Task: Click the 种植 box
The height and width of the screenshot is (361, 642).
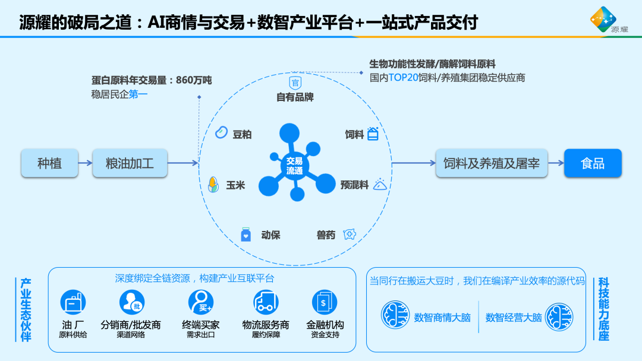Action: coord(49,163)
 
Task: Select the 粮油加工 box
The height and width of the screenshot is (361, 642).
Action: coord(130,163)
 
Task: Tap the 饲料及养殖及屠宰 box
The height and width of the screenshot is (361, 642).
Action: coord(492,163)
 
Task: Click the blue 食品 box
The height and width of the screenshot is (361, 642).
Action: coord(593,163)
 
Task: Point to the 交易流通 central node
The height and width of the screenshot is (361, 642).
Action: coord(294,166)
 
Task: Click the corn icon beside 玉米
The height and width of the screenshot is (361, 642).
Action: coord(212,185)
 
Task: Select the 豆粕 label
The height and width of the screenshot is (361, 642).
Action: coord(242,135)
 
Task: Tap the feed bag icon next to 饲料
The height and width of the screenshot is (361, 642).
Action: coord(373,134)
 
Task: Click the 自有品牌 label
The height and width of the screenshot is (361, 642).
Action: coord(295,97)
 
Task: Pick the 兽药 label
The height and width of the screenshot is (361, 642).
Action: coord(326,235)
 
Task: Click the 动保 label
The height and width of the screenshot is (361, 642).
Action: coord(270,235)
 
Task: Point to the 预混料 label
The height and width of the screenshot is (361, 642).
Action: coord(354,185)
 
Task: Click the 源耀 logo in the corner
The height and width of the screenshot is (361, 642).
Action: coord(604,20)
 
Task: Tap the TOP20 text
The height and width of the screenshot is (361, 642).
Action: coord(404,78)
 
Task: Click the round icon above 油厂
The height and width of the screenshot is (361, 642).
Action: coord(73,302)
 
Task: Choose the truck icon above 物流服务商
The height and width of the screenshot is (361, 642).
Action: coord(266,302)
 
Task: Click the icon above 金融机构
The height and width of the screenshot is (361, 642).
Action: coord(325,302)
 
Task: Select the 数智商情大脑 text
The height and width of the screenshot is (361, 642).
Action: coord(442,318)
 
